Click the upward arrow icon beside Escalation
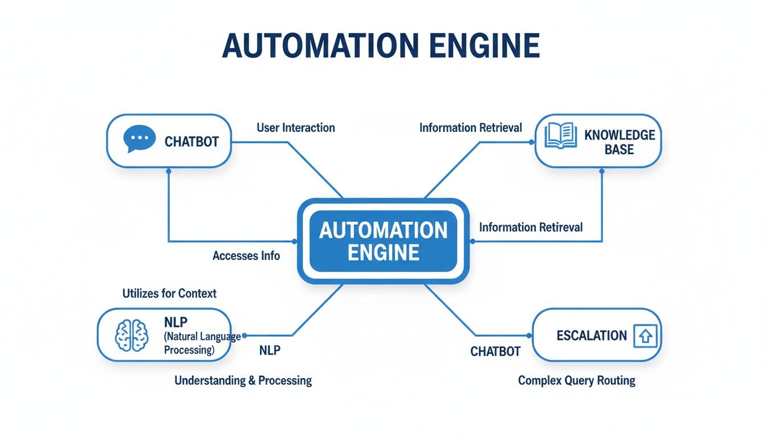pyautogui.click(x=645, y=336)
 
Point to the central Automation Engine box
pyautogui.click(x=383, y=241)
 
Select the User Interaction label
pyautogui.click(x=295, y=127)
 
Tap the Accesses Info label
pyautogui.click(x=246, y=256)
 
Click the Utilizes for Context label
pyautogui.click(x=169, y=294)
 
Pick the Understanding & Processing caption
pyautogui.click(x=243, y=380)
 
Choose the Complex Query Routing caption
pyautogui.click(x=576, y=380)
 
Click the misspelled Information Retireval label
pyautogui.click(x=531, y=228)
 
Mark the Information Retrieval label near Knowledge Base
pyautogui.click(x=470, y=128)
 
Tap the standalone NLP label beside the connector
pyautogui.click(x=270, y=350)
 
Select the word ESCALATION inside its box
pyautogui.click(x=591, y=335)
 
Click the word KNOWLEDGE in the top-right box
pyautogui.click(x=620, y=135)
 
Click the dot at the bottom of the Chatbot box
pyautogui.click(x=168, y=171)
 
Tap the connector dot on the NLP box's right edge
pyautogui.click(x=244, y=335)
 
